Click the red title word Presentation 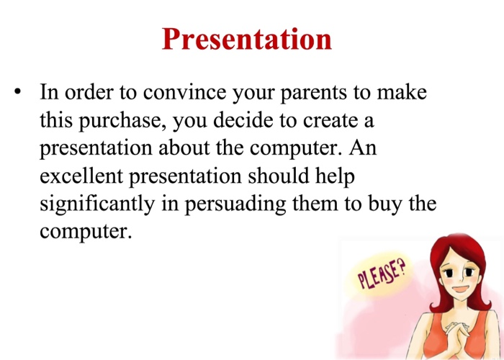247,38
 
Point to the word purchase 119,120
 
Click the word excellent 84,176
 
